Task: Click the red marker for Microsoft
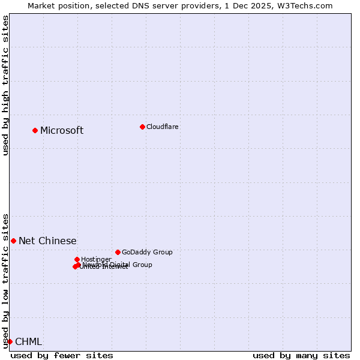click(x=35, y=130)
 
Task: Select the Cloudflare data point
click(x=142, y=127)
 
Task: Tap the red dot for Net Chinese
click(x=13, y=241)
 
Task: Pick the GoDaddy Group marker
click(x=118, y=252)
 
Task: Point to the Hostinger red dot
click(x=77, y=259)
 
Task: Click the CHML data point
click(x=10, y=341)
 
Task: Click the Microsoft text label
click(x=62, y=130)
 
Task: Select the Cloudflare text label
click(x=162, y=127)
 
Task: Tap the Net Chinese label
click(x=47, y=241)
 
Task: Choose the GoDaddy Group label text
click(x=147, y=252)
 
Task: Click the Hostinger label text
click(x=96, y=259)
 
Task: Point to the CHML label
click(x=28, y=341)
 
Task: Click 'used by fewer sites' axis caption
click(x=62, y=355)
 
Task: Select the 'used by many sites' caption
click(x=301, y=355)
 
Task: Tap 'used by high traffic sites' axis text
click(x=5, y=85)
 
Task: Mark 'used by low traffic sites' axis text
click(x=5, y=280)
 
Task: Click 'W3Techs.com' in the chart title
click(x=307, y=5)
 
